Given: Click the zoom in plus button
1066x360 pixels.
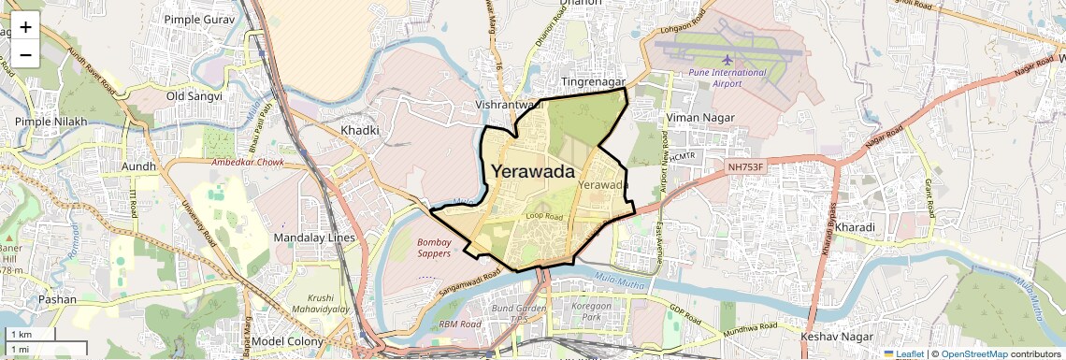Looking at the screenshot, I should point(25,26).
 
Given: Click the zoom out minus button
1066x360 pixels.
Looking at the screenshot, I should point(25,54).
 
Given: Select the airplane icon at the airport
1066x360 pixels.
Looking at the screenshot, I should point(728,60).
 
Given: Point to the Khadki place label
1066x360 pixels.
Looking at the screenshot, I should point(360,131).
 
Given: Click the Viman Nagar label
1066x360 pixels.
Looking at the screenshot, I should point(699,118).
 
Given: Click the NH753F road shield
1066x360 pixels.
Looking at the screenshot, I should point(746,167).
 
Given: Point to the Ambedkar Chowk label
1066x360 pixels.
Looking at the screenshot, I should point(248,162).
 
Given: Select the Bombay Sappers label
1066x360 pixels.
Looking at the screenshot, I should point(434,248).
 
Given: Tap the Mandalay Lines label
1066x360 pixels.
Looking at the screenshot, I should point(314,238).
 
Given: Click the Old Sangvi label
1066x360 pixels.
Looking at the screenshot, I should point(194,96).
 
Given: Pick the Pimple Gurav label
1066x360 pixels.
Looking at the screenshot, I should point(199,19).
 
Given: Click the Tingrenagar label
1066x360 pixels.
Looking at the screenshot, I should point(592,83).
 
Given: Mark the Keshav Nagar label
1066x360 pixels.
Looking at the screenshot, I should point(837,336).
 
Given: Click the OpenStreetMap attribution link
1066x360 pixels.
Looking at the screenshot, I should point(973,354).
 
